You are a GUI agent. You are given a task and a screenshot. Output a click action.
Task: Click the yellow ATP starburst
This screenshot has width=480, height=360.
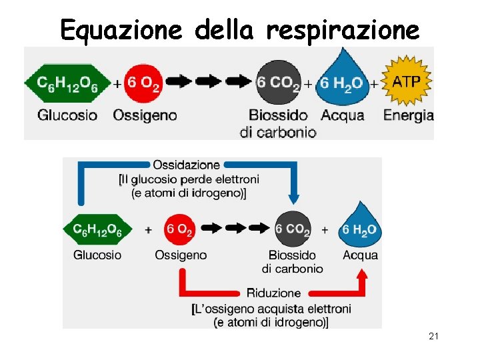407,82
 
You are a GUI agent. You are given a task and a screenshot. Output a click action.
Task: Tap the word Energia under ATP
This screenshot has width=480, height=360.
408,115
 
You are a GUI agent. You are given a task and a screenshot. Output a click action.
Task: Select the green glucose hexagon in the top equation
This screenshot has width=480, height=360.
67,83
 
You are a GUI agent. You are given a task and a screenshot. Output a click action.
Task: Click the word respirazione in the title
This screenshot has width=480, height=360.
343,29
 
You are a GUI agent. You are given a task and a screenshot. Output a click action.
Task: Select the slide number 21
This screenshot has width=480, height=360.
433,337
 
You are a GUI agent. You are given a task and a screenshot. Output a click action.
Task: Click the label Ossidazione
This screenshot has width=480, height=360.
186,165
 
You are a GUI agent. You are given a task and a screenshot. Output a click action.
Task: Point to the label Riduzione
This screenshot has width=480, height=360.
273,293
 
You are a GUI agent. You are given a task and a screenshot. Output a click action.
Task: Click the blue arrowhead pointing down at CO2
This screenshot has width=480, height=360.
293,199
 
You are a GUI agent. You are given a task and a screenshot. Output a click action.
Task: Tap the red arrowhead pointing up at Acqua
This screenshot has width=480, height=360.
362,275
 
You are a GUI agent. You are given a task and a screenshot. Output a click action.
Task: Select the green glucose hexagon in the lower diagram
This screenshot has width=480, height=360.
97,229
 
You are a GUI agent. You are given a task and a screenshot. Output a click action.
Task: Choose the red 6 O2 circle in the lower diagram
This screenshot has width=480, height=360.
179,230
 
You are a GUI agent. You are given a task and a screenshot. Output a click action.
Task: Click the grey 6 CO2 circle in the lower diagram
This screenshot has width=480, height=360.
293,230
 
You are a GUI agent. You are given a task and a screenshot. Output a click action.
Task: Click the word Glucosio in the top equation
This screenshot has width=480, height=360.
67,115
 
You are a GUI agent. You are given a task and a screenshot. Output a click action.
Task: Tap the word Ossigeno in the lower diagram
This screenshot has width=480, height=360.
181,255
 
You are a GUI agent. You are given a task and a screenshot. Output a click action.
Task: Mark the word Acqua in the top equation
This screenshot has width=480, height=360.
343,115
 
